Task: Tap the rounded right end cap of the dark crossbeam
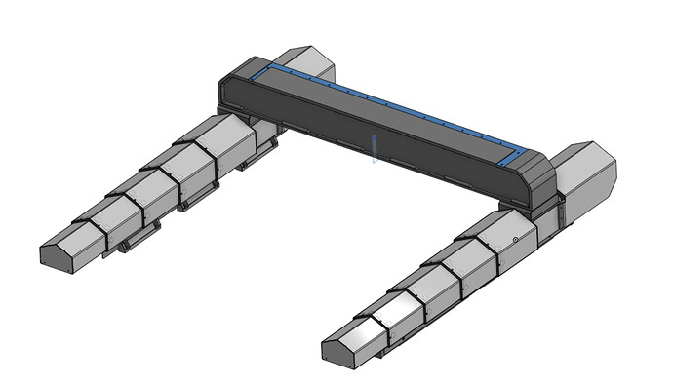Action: [538, 179]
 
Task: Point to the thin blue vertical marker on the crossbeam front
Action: [373, 149]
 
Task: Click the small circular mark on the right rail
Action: [515, 238]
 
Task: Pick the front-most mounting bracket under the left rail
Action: [138, 238]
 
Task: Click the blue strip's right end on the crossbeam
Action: [514, 157]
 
